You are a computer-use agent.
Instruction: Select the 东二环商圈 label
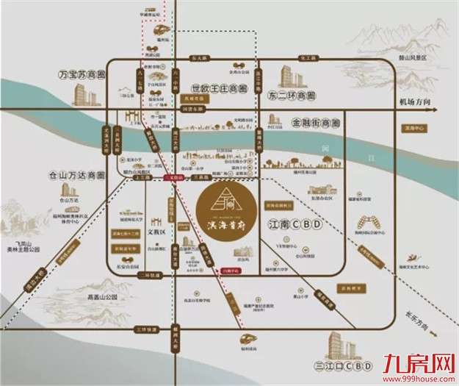[292, 96]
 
